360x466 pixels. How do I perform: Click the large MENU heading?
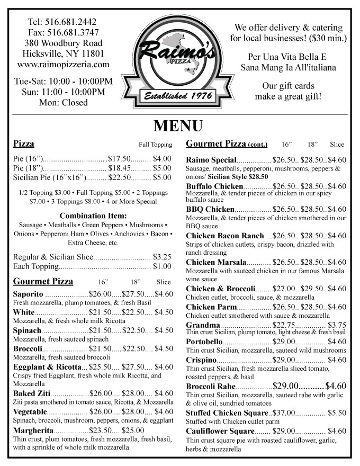(x=178, y=126)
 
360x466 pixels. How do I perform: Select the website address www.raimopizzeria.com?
(x=63, y=64)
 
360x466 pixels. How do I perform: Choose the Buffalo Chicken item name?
(x=214, y=186)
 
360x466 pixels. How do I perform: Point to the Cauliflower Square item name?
(x=220, y=431)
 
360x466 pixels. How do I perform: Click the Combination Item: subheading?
(x=93, y=216)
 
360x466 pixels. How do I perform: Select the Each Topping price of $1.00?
(x=161, y=266)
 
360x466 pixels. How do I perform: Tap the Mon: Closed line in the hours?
(x=64, y=103)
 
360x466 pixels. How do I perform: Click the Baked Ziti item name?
(x=32, y=393)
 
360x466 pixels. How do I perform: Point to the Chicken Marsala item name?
(x=216, y=262)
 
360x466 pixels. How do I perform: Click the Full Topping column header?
(x=155, y=145)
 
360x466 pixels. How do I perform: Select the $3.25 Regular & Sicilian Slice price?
(x=161, y=256)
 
